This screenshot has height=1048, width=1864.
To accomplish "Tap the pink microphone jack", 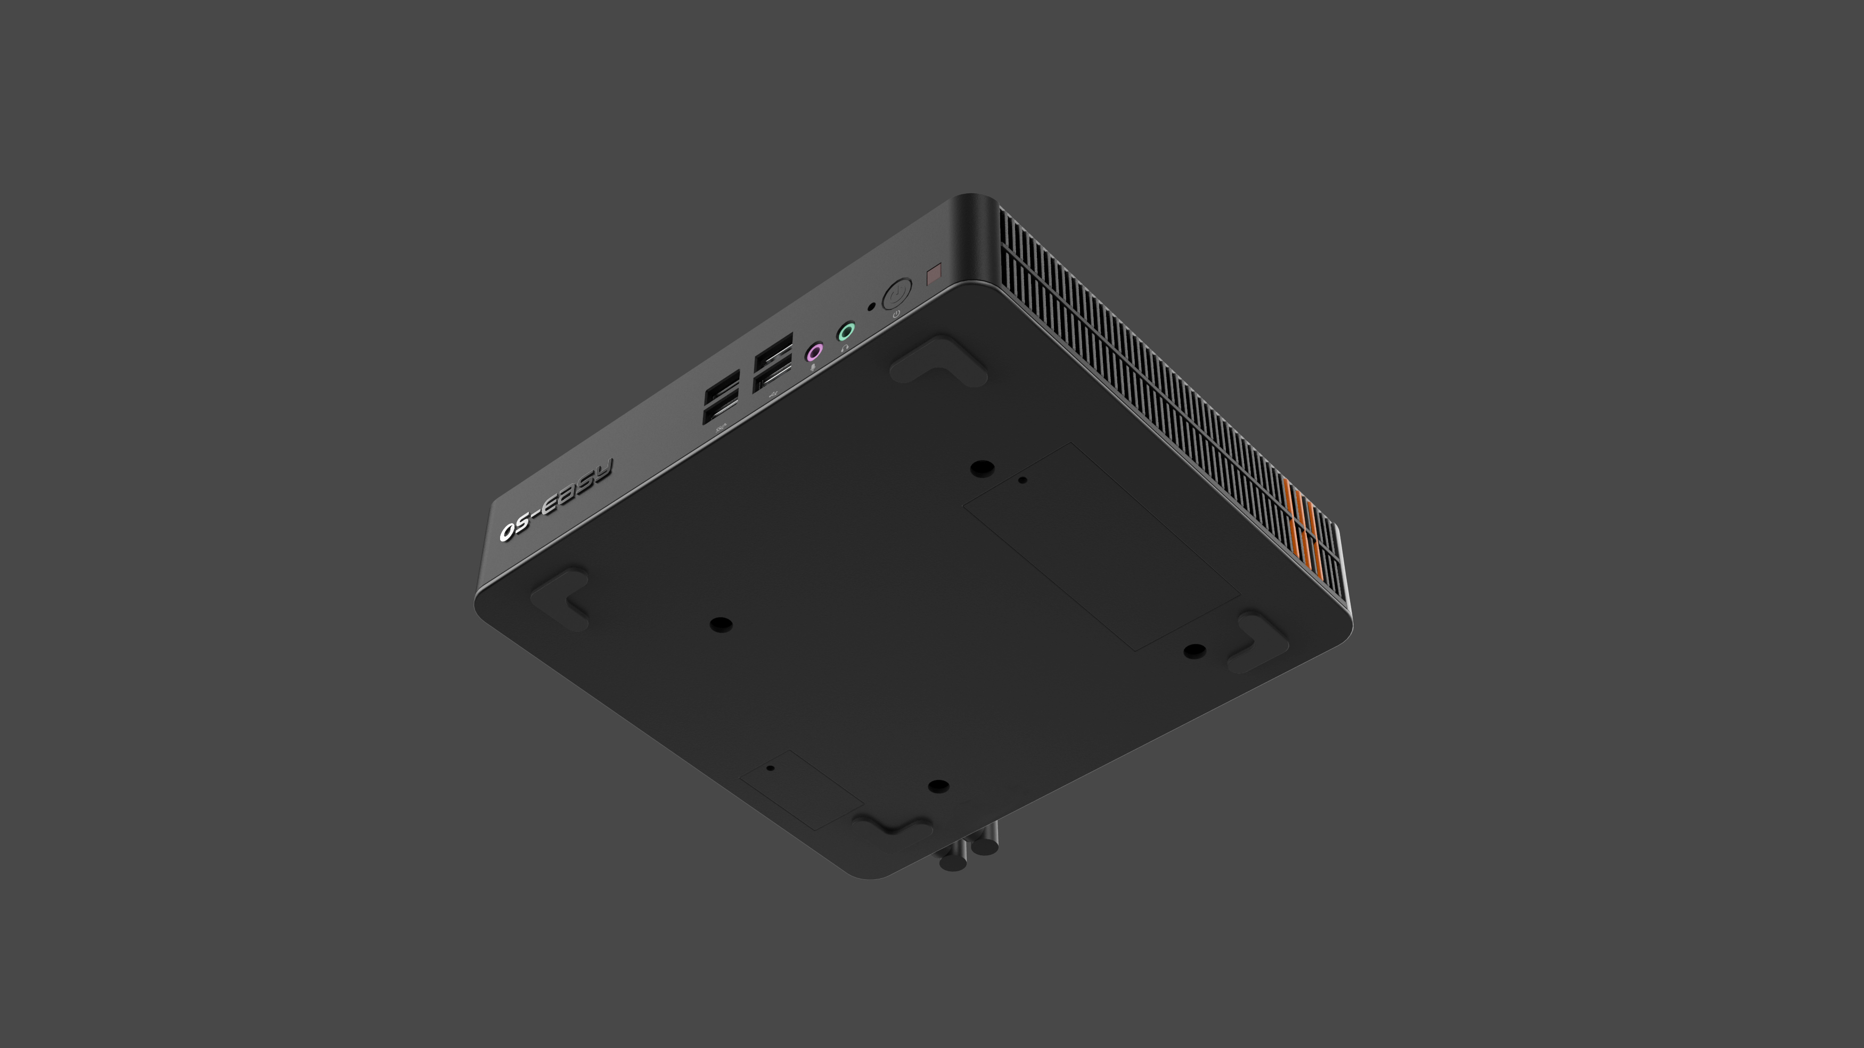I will click(815, 352).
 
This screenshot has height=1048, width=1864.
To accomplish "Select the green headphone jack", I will click(846, 333).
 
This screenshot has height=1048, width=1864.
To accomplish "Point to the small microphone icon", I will click(814, 367).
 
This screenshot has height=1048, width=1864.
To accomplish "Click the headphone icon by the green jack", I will click(845, 348).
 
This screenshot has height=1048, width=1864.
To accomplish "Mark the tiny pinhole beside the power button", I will click(871, 306).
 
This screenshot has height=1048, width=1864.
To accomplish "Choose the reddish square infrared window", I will click(934, 275).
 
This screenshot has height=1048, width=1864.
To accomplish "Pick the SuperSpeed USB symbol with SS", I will click(720, 429).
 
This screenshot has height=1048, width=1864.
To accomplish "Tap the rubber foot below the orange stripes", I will click(1259, 641).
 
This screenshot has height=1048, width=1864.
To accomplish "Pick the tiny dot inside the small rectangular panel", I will click(770, 768).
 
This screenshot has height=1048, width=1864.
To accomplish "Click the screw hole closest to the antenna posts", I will click(938, 786).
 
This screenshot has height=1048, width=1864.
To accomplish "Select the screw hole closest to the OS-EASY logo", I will click(721, 623).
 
